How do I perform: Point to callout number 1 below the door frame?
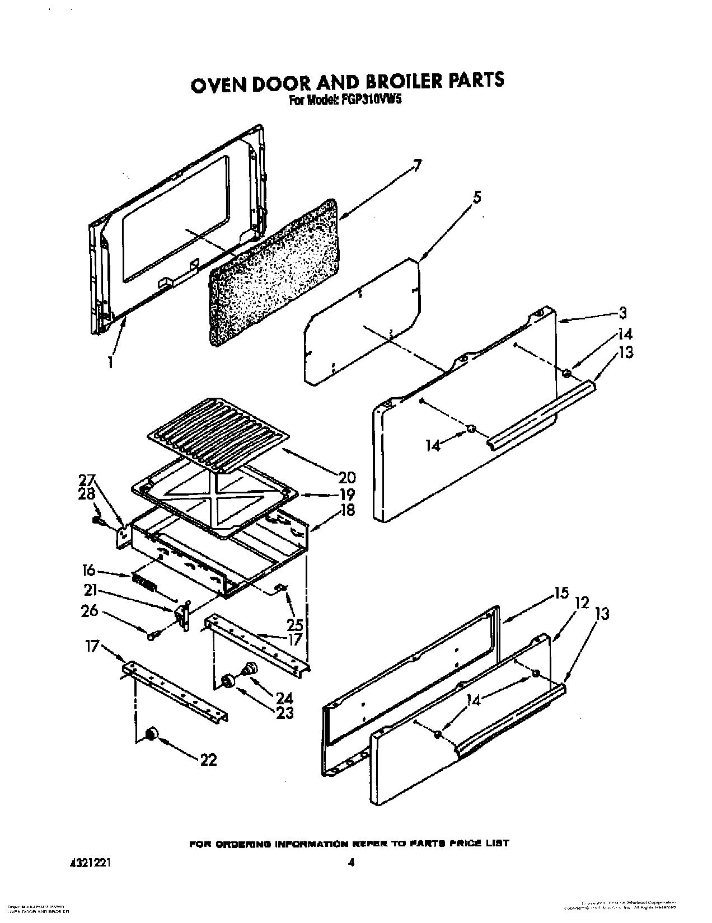pos(111,362)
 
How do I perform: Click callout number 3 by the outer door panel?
pos(623,313)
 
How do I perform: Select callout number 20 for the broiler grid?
pos(347,477)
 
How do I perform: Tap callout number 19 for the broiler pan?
pos(347,494)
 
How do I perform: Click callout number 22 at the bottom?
pos(208,759)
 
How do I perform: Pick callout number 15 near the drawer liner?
pos(562,592)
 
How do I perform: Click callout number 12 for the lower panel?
pos(582,603)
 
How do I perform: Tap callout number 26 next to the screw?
pos(90,611)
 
